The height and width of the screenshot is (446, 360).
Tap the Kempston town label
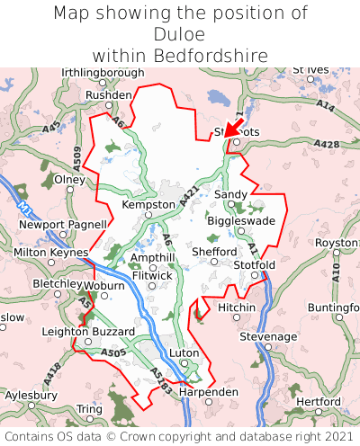point(148,205)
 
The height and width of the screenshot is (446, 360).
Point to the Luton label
point(184,353)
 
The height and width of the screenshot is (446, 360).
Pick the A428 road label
point(328,144)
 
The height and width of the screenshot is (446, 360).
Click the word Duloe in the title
point(180,34)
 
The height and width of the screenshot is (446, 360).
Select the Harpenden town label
point(209,392)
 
